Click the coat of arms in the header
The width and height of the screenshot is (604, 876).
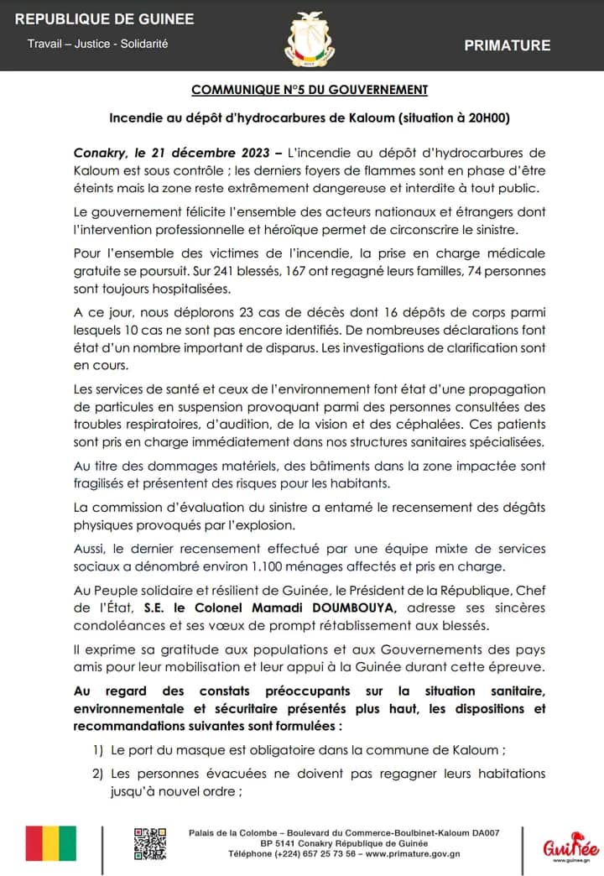310,37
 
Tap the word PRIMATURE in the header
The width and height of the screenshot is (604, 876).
508,45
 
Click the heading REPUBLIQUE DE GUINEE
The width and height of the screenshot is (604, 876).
105,19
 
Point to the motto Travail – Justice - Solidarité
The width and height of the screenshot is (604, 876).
97,44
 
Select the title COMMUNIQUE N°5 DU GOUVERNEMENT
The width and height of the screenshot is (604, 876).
310,90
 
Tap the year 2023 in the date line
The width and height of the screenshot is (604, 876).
249,153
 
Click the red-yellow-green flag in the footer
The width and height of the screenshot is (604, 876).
50,843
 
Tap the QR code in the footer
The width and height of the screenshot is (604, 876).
152,842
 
